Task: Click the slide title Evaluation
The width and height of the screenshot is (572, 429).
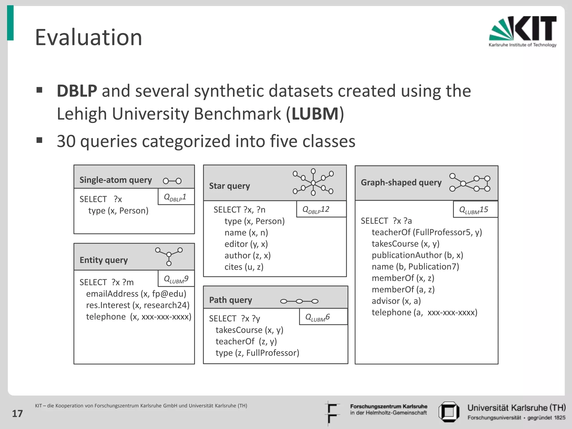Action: tap(89, 37)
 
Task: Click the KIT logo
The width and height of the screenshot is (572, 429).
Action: tap(523, 31)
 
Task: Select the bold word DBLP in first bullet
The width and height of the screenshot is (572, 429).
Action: tap(77, 91)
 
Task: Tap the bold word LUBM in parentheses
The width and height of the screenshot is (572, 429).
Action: tap(315, 114)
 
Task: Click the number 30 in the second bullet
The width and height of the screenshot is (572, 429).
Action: tap(66, 141)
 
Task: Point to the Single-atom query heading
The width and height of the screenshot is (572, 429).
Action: tap(116, 180)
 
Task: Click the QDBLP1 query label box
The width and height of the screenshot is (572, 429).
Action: tap(176, 197)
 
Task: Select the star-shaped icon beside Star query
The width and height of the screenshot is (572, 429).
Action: tap(313, 182)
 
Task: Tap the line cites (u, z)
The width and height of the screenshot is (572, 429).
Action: tap(244, 267)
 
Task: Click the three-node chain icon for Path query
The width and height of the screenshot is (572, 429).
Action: tap(299, 301)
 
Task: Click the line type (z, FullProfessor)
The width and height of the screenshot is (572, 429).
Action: tap(257, 353)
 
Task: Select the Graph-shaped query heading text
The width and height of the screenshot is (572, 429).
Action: tap(401, 183)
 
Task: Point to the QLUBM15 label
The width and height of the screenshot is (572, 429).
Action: tap(475, 210)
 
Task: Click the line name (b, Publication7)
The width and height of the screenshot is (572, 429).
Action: tap(415, 267)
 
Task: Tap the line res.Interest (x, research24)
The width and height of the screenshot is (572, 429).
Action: tap(138, 305)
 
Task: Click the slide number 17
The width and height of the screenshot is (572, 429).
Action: tap(17, 414)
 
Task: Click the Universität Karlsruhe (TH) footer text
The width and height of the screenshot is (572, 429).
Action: tap(516, 408)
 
